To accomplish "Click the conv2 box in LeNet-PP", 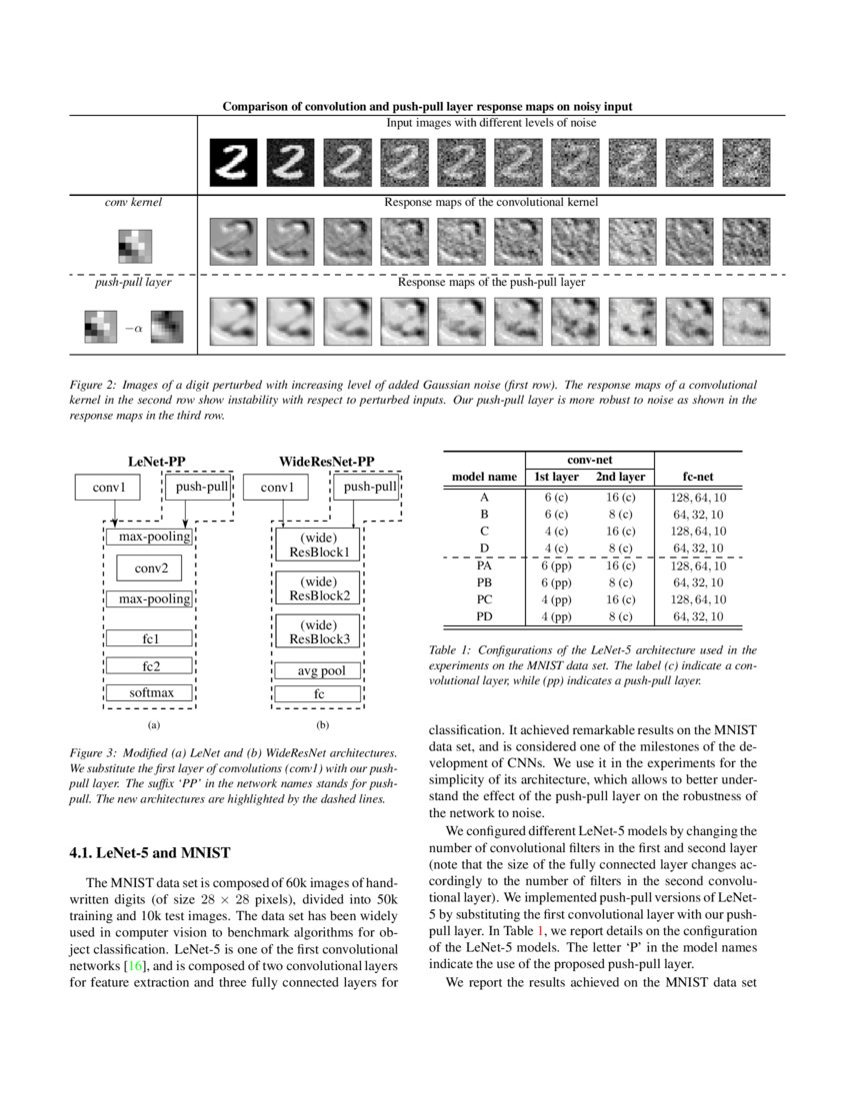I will [150, 568].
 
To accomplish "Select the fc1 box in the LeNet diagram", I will [150, 638].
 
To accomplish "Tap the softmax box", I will [150, 691].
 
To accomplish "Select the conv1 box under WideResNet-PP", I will [277, 488].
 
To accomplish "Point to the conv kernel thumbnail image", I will [133, 245].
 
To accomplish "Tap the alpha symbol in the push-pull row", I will [132, 327].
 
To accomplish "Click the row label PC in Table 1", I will [484, 598].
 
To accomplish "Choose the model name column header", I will [484, 477].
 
